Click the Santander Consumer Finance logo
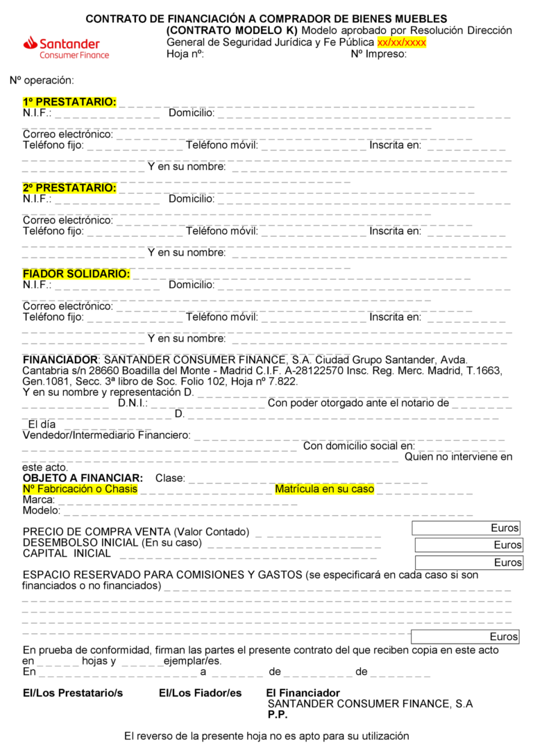click(66, 47)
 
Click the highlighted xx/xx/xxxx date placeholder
click(401, 42)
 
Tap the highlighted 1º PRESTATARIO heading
click(69, 102)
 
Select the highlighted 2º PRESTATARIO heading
click(69, 188)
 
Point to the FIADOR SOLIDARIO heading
click(76, 274)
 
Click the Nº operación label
click(42, 81)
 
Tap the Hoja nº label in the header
click(185, 54)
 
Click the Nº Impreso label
click(378, 54)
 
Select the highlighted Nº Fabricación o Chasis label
click(80, 489)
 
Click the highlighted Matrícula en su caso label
click(324, 489)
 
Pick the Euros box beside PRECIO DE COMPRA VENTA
click(466, 528)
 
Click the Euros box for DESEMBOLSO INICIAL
click(468, 545)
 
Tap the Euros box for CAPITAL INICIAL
click(468, 562)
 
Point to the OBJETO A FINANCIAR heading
click(83, 478)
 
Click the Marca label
click(38, 500)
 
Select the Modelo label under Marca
click(41, 511)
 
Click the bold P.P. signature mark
click(278, 714)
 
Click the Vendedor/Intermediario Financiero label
click(106, 435)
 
